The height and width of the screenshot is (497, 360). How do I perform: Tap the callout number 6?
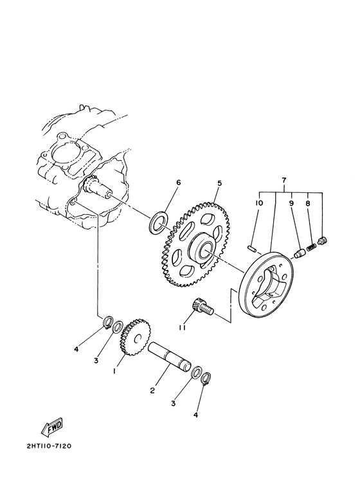point(178,183)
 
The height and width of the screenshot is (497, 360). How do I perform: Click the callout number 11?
point(182,328)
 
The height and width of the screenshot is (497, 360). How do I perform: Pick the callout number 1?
point(115,371)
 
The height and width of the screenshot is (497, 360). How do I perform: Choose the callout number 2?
point(152,390)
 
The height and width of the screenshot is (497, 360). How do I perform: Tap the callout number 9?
point(291,203)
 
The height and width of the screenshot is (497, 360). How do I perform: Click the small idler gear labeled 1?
point(134,336)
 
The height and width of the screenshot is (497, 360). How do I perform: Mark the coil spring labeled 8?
point(312,246)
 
